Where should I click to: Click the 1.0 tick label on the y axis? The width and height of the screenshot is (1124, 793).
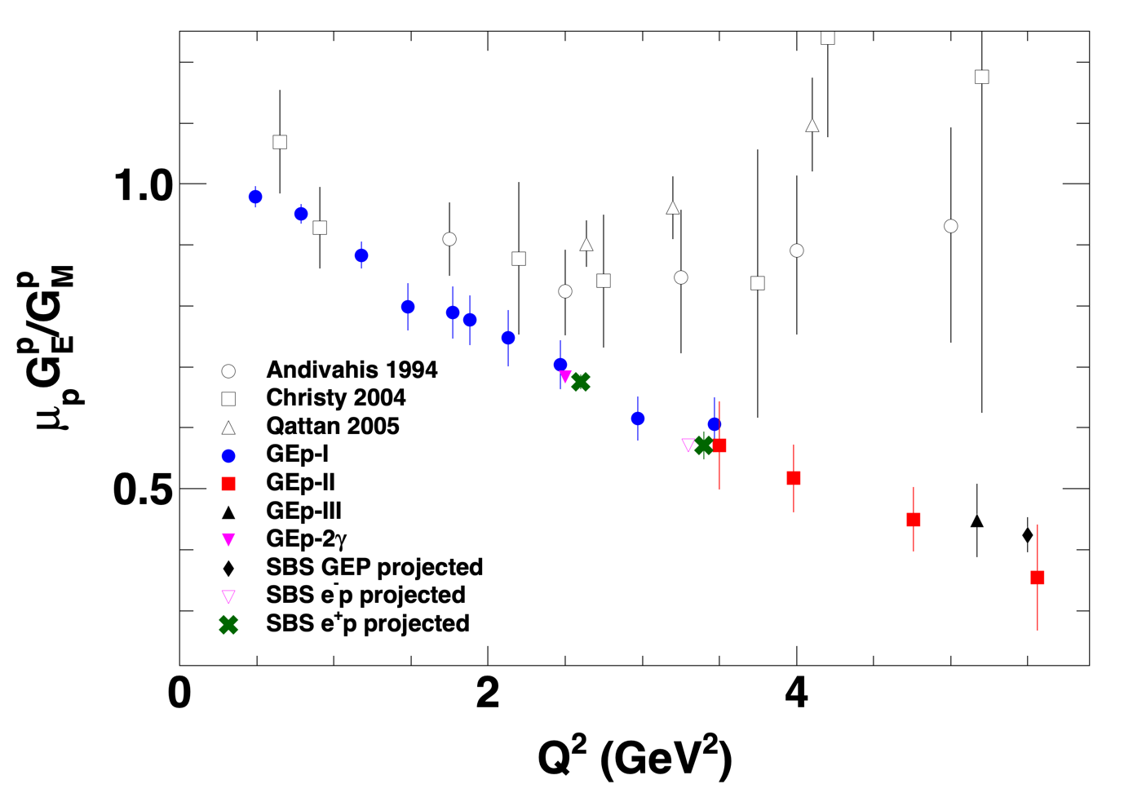(x=144, y=185)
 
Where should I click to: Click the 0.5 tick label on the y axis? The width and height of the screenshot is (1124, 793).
(x=144, y=490)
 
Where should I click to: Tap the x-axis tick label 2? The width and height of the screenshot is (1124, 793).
(x=488, y=694)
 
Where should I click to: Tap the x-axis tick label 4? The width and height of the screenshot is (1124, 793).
(x=796, y=694)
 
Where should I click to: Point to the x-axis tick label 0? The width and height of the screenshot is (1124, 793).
(x=179, y=694)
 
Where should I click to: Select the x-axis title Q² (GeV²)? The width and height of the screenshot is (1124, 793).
(x=635, y=757)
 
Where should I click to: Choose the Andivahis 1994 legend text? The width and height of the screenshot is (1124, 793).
(x=352, y=370)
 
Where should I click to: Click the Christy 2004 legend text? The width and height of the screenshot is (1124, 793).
(x=335, y=398)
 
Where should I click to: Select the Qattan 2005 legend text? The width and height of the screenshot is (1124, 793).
(x=333, y=427)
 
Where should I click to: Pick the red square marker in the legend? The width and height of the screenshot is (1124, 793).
(x=229, y=484)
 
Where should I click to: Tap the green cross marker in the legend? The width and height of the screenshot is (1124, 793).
(x=229, y=625)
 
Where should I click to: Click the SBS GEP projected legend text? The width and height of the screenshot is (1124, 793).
(x=374, y=567)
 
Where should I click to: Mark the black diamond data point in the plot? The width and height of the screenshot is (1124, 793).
(x=1028, y=535)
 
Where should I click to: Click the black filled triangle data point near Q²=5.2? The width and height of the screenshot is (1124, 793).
(x=977, y=521)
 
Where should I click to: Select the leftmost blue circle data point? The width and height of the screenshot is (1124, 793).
(x=255, y=197)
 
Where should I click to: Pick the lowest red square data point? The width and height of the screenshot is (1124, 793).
(x=1038, y=578)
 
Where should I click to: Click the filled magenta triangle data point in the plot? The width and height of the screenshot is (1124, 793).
(x=565, y=376)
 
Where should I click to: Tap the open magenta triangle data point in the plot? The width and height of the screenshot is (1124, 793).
(x=688, y=445)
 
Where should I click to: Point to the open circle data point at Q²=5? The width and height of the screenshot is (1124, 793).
(x=950, y=226)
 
